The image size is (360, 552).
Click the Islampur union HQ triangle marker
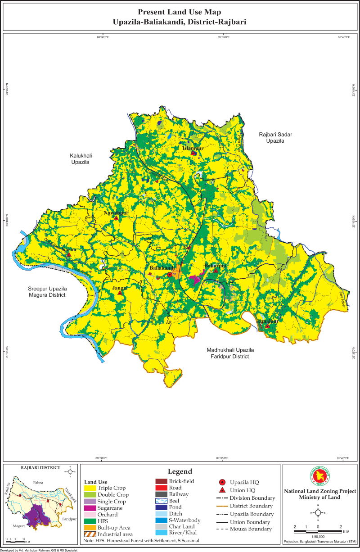click(x=193, y=153)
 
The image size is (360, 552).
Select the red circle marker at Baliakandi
click(x=170, y=275)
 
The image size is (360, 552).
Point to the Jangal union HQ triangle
click(x=120, y=293)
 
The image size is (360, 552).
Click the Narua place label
click(x=69, y=249)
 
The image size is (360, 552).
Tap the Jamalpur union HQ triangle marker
click(x=267, y=326)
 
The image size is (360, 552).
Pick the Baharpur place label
click(x=216, y=266)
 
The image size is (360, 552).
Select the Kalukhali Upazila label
click(x=81, y=158)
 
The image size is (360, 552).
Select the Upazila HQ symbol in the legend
click(x=221, y=482)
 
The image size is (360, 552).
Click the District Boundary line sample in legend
click(x=221, y=506)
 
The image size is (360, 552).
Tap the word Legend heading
click(x=180, y=471)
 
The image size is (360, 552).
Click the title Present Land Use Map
click(x=180, y=12)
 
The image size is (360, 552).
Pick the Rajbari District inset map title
click(x=40, y=467)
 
